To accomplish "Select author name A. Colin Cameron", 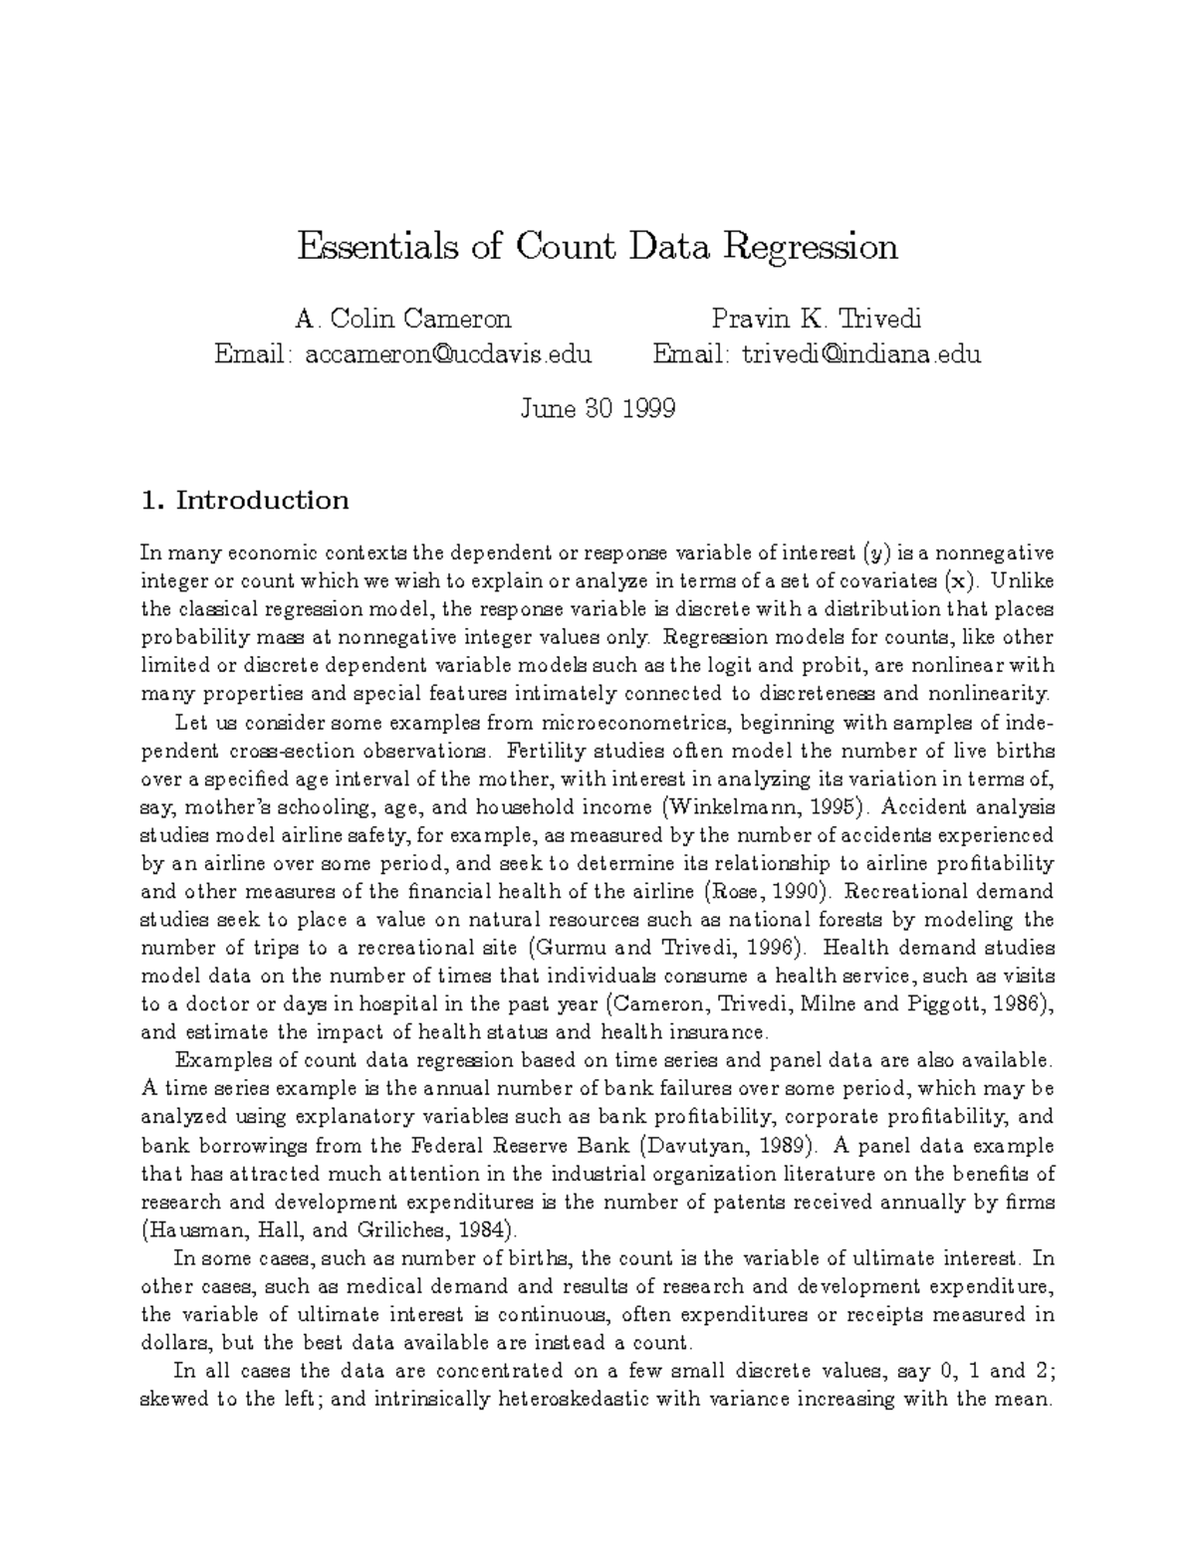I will [x=403, y=319].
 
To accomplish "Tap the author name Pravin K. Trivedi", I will [x=817, y=319].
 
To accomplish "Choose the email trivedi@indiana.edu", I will [x=861, y=353].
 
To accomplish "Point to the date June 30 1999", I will [x=597, y=408].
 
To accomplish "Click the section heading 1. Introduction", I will [x=245, y=500].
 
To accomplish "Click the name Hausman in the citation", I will [x=188, y=1229].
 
